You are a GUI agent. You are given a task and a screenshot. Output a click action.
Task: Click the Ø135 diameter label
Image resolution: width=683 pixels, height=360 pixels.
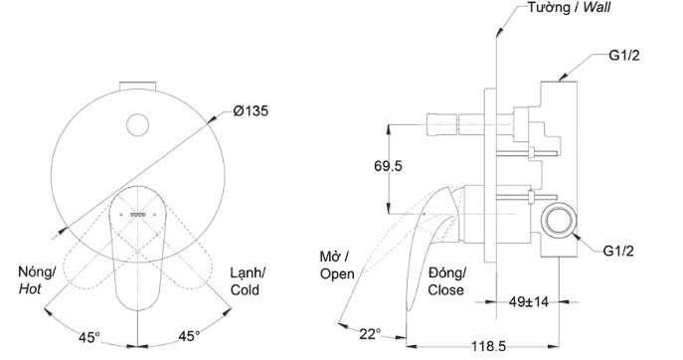click(x=251, y=111)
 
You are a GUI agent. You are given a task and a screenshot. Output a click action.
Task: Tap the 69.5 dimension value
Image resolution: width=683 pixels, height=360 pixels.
click(x=388, y=166)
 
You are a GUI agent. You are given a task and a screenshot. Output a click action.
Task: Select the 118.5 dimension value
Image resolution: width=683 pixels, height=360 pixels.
click(x=488, y=347)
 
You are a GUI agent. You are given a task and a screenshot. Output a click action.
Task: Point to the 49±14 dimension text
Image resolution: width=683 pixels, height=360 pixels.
click(x=528, y=301)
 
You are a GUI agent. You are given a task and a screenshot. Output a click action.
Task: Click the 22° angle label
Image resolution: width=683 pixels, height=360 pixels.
click(x=370, y=334)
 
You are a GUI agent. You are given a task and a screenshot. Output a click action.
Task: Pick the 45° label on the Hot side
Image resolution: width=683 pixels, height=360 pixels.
click(x=89, y=336)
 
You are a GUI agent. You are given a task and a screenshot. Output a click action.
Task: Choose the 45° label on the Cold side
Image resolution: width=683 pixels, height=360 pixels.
click(x=189, y=336)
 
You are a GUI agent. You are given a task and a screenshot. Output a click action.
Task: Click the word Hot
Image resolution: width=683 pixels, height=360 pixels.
click(x=30, y=289)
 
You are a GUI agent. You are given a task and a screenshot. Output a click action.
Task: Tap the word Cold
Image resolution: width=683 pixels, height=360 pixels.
click(x=245, y=289)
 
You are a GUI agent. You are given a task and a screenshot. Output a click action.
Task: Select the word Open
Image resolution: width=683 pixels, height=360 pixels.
click(x=337, y=274)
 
